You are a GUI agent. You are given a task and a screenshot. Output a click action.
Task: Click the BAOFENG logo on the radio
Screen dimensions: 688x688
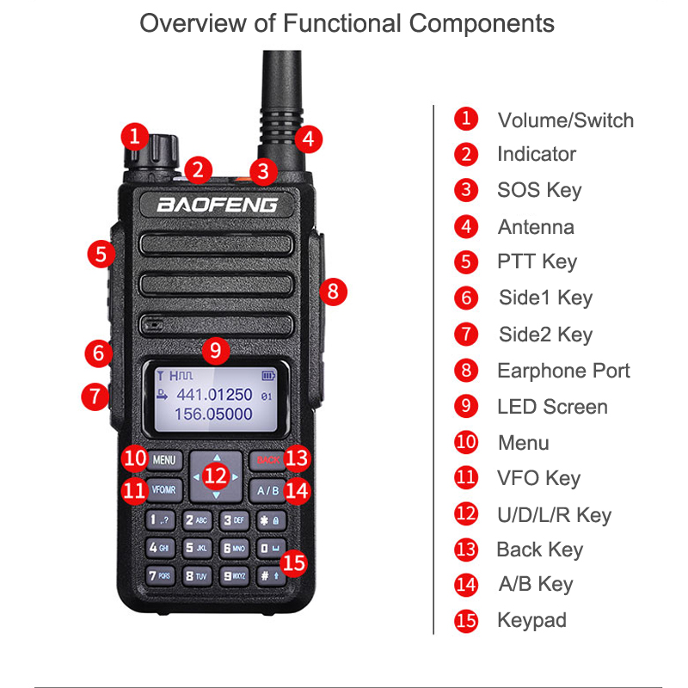coord(216,205)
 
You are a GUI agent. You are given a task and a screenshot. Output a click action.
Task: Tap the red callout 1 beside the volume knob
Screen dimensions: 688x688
coord(132,134)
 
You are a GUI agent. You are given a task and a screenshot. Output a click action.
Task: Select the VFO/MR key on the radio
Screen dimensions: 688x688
coord(163,490)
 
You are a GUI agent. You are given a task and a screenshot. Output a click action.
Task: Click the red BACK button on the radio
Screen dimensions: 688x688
coord(267,460)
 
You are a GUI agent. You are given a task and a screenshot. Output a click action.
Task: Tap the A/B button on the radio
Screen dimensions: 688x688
coord(267,490)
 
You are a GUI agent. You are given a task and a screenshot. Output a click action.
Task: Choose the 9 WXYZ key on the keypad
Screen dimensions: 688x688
coord(234,575)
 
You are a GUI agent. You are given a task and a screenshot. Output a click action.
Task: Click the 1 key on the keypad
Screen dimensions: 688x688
coord(161,519)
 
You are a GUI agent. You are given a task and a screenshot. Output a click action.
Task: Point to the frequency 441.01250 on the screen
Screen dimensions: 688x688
coord(214,395)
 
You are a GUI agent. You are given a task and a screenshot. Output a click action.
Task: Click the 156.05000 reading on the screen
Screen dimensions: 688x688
coord(214,415)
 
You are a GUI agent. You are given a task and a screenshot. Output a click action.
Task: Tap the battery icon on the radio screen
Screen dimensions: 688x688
coord(270,376)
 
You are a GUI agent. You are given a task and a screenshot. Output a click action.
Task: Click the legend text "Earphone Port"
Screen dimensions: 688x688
coord(563,371)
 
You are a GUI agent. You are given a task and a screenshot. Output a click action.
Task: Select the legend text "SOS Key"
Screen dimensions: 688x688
coord(539,190)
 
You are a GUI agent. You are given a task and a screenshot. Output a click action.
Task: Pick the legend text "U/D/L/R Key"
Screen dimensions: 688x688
coord(554,515)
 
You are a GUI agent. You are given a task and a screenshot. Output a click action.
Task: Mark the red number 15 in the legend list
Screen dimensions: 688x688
coord(465,620)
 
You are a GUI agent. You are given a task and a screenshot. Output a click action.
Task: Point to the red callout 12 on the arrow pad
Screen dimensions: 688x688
coord(216,474)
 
